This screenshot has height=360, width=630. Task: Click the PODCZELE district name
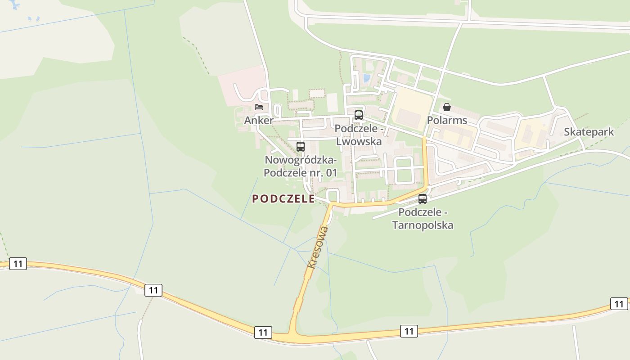point(283,199)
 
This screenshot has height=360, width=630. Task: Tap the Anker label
point(258,121)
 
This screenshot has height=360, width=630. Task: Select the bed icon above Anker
point(258,107)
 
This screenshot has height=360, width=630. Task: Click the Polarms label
point(447,121)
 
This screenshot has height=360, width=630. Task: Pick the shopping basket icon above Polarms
point(447,107)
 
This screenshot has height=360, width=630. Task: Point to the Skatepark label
point(589,132)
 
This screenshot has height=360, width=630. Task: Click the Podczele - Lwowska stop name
point(359,135)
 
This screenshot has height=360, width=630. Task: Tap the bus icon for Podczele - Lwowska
point(358,115)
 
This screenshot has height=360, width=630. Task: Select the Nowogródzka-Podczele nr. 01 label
point(300,166)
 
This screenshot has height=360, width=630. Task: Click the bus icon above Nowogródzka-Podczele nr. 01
point(300,146)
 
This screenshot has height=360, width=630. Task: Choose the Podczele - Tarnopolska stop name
point(423,218)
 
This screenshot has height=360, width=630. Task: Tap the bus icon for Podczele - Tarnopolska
point(422,198)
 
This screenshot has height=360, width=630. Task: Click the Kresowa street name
point(318,247)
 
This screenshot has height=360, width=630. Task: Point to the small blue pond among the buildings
point(366,78)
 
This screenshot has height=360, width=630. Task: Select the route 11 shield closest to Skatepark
point(619,304)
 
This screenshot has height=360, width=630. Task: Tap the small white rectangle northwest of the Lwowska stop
point(332,103)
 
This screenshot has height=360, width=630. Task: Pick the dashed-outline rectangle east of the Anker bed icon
point(317,93)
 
